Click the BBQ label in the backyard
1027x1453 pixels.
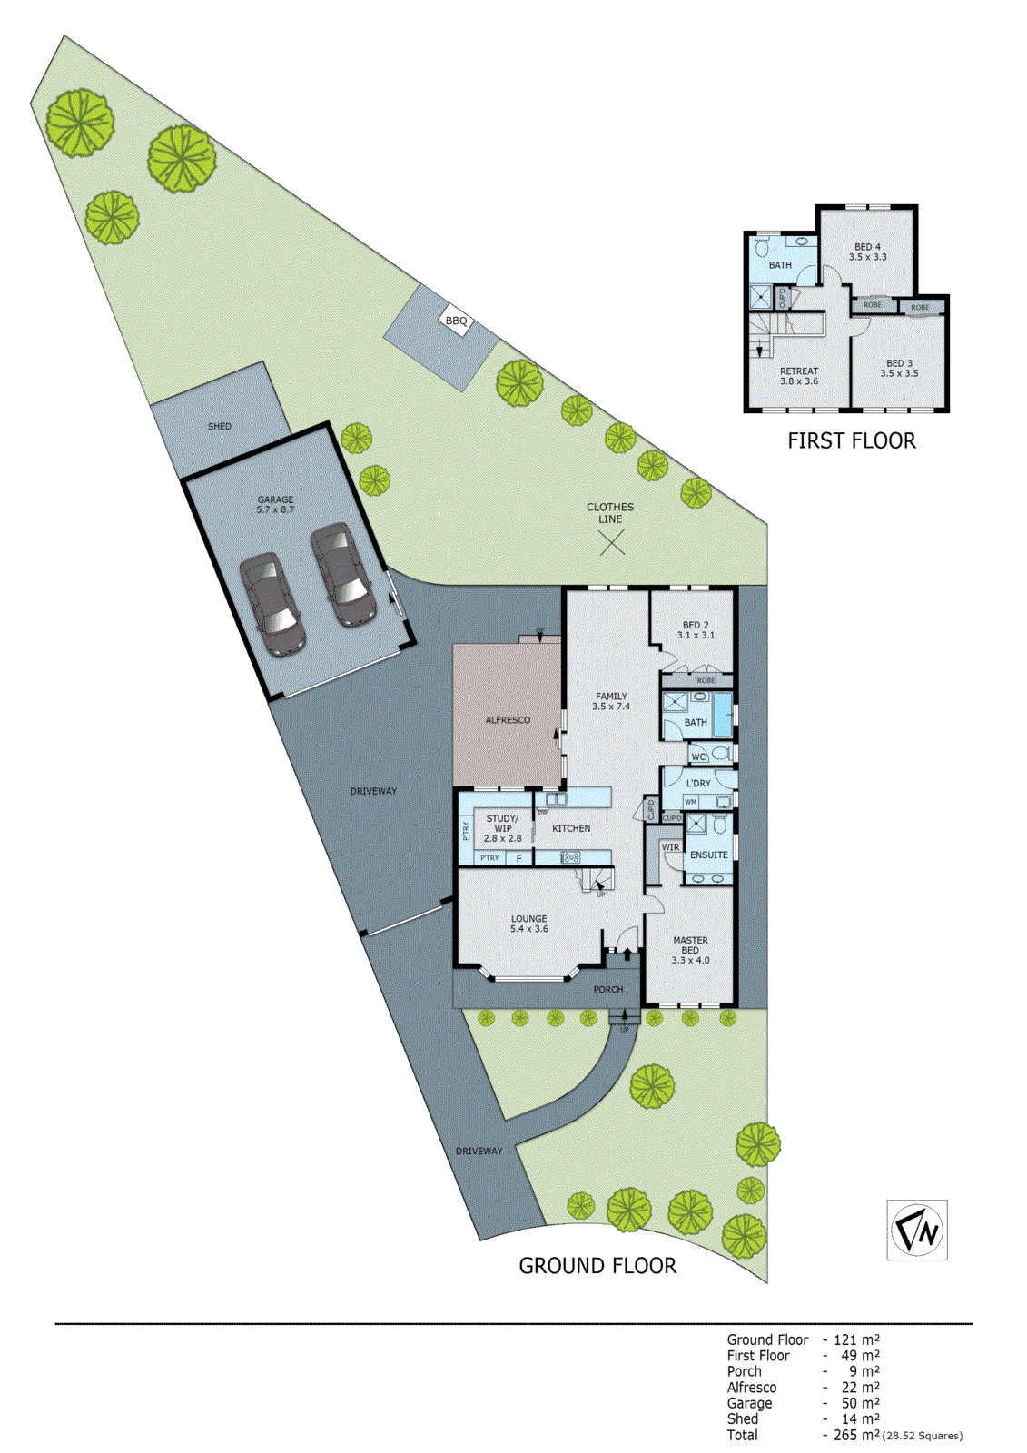click(x=456, y=321)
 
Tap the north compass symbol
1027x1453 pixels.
click(x=917, y=1230)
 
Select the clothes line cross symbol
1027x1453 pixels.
click(x=612, y=543)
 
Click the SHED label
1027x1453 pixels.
click(x=220, y=426)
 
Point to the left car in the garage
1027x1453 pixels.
click(x=271, y=604)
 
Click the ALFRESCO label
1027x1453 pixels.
click(x=508, y=720)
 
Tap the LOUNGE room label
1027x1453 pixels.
click(x=529, y=924)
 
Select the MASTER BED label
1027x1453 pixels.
click(x=690, y=950)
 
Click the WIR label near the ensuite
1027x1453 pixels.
click(x=670, y=847)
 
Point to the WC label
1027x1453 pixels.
click(x=698, y=756)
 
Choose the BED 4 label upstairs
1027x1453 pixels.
click(x=867, y=252)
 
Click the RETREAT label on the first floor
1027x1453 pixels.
click(x=799, y=376)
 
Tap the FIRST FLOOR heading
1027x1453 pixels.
click(x=852, y=441)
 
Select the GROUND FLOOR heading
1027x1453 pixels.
click(x=597, y=1266)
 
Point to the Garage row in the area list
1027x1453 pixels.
click(x=749, y=1403)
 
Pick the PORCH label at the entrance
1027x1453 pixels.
click(x=608, y=989)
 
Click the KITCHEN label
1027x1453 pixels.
click(x=571, y=828)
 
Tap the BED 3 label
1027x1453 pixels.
click(x=899, y=368)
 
